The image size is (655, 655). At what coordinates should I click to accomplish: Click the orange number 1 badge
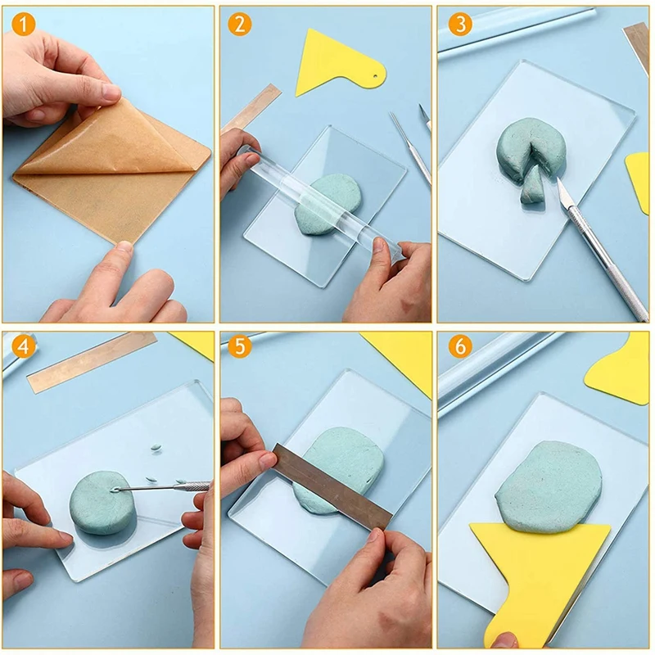click(24, 24)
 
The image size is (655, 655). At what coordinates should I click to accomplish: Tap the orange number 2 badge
click(240, 24)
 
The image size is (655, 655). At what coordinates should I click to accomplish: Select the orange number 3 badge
click(460, 24)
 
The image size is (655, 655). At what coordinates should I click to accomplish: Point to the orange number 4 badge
click(24, 346)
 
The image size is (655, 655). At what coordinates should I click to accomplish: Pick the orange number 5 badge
click(240, 346)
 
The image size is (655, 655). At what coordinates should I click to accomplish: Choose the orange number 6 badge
click(460, 346)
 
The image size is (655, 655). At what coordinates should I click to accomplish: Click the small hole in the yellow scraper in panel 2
click(376, 76)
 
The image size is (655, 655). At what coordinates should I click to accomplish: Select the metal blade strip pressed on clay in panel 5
click(332, 486)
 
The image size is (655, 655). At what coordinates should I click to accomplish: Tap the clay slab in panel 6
click(549, 486)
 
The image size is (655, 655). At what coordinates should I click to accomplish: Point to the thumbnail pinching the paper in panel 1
click(111, 92)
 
